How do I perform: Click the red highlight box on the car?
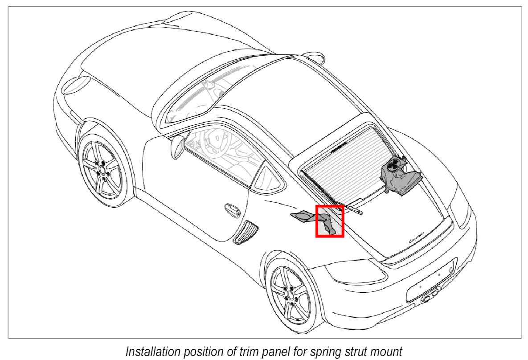[330, 221]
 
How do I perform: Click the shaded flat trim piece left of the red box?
[302, 217]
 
